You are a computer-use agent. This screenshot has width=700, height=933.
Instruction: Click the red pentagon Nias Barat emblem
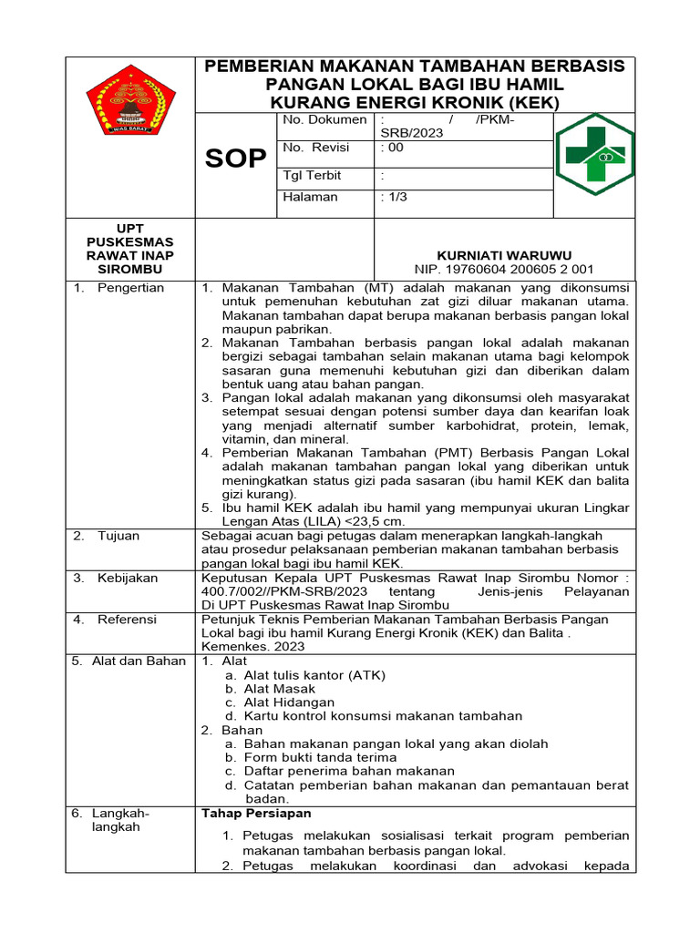(131, 100)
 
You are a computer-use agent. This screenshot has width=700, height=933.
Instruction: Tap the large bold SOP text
(235, 159)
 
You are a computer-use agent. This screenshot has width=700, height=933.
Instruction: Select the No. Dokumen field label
(324, 119)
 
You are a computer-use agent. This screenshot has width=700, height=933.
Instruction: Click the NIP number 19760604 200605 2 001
(504, 270)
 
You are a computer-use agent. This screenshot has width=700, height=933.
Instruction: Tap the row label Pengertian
(130, 288)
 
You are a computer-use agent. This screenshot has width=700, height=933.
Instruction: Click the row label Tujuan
(118, 536)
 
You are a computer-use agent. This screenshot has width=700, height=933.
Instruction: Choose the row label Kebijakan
(128, 578)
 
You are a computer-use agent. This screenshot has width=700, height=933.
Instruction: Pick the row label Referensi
(127, 620)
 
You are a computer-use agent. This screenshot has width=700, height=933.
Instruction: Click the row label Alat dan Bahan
(138, 661)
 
